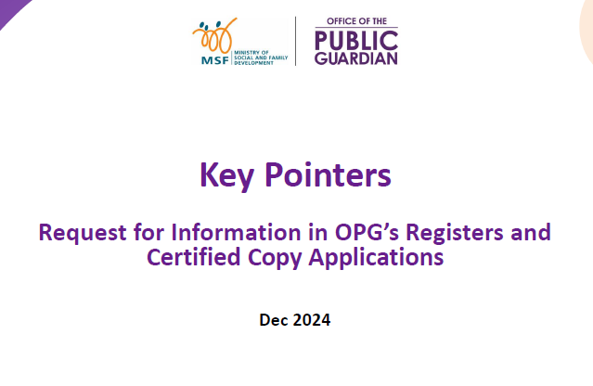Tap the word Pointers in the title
[x=328, y=174]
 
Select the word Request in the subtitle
[x=83, y=233]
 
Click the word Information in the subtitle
[x=236, y=232]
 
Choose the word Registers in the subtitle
[x=455, y=233]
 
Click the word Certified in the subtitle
[x=194, y=257]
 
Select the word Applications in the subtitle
[x=376, y=258]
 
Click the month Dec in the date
[x=274, y=320]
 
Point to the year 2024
[x=312, y=320]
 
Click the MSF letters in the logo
[x=214, y=60]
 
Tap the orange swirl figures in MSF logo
[x=214, y=36]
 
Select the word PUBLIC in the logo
[x=356, y=41]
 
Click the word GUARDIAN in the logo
[x=356, y=58]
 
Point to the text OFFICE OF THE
[x=356, y=21]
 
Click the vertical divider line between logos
[x=295, y=41]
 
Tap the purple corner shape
[x=11, y=10]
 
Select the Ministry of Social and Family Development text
[x=261, y=58]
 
